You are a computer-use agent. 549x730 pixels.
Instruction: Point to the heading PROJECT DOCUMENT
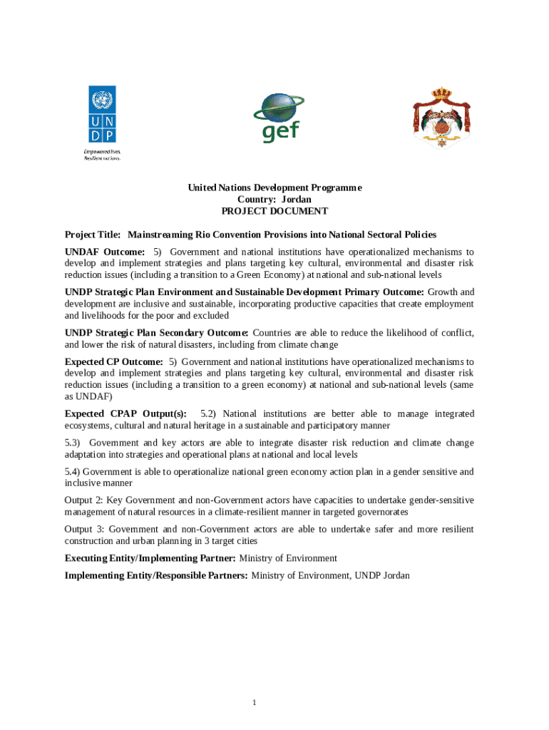274,211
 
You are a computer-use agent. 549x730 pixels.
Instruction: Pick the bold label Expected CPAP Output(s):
125,413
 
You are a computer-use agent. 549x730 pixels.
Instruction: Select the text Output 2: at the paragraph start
83,500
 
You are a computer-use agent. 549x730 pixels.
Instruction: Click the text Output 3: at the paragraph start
83,529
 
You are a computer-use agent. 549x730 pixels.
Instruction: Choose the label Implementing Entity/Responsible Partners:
156,575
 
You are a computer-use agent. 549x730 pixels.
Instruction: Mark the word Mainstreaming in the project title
163,235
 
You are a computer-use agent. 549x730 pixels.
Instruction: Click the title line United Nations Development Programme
274,188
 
